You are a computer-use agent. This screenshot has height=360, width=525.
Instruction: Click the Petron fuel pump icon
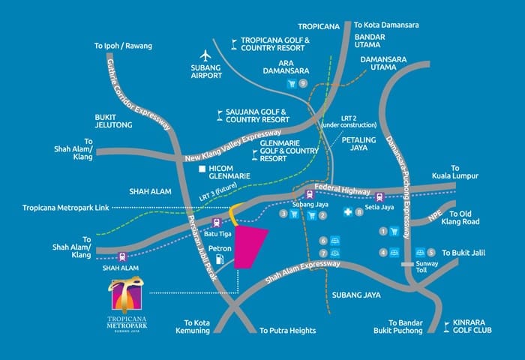click(x=220, y=259)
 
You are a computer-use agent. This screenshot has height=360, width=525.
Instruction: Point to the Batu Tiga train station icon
click(x=217, y=222)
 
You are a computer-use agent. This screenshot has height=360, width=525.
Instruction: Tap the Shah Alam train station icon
click(x=122, y=256)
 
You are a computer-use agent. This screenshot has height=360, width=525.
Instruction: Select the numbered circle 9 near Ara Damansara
click(x=303, y=84)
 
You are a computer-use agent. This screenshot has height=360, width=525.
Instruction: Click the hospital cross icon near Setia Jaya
click(x=348, y=213)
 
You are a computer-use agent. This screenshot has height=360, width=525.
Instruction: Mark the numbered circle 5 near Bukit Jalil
click(x=430, y=253)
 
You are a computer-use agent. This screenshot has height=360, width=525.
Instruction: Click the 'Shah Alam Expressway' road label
click(x=295, y=272)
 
